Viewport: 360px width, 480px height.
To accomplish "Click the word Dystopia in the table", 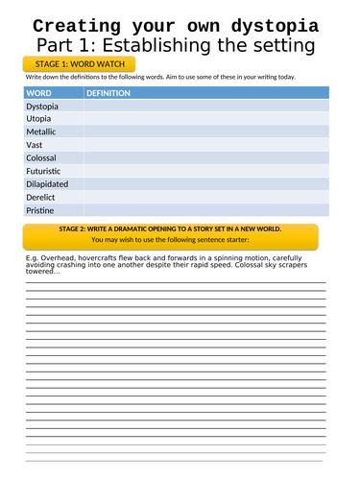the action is (44, 107).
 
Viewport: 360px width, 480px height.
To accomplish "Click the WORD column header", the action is (40, 93).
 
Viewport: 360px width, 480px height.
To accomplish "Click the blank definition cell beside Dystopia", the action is (205, 107).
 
